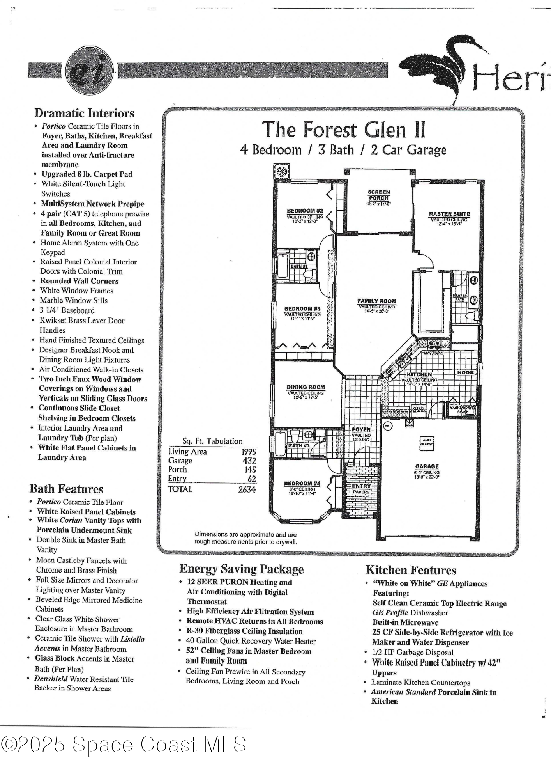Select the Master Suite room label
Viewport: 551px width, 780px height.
pos(449,214)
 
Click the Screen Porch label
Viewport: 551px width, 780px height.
pos(378,195)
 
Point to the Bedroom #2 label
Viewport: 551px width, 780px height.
pos(305,211)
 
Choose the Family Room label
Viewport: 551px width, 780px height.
pos(376,301)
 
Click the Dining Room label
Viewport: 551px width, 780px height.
pos(306,387)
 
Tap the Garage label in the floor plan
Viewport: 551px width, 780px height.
pos(427,466)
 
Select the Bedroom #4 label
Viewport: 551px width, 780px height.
pos(302,484)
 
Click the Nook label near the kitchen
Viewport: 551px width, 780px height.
pos(465,372)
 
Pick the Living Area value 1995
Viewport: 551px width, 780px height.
pos(249,452)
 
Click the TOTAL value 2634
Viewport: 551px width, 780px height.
pos(247,489)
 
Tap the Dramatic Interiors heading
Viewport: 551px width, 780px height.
pos(84,113)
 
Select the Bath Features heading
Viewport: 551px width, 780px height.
pos(67,489)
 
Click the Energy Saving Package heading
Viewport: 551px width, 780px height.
pos(241,569)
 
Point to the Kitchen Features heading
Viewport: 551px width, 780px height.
pos(410,570)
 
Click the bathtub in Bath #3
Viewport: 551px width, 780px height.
pos(280,443)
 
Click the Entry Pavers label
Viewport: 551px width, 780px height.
pos(361,489)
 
